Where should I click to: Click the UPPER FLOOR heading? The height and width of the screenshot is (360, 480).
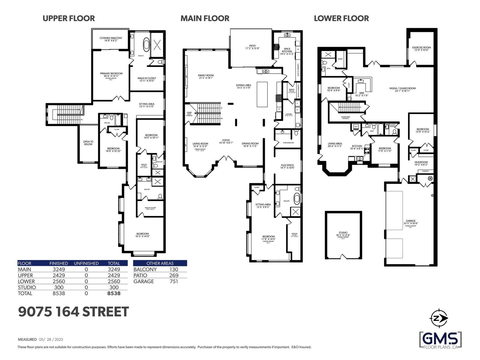click(69, 18)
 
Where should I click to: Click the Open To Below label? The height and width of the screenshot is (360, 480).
click(88, 143)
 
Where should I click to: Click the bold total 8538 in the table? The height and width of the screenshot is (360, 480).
click(114, 293)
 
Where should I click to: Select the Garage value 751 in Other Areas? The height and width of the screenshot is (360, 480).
click(173, 281)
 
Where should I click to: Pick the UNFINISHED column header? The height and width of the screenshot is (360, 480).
click(86, 263)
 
